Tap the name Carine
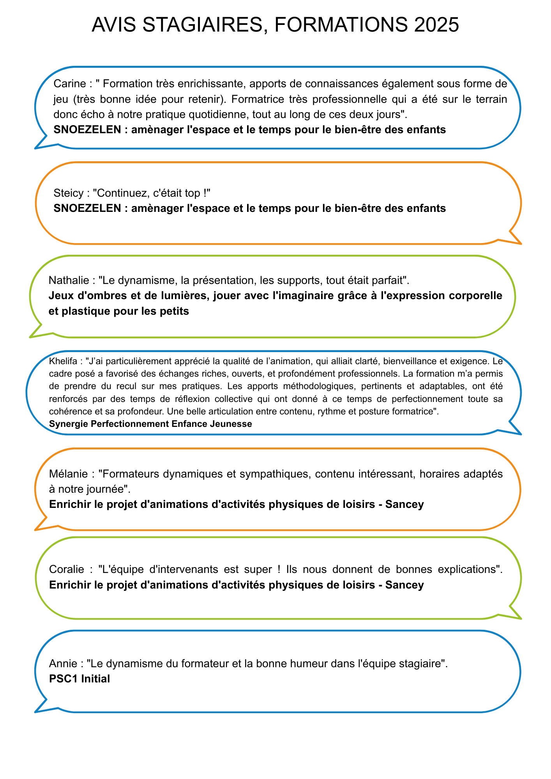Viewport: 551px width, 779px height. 69,84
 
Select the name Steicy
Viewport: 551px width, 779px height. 69,193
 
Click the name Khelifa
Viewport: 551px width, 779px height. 63,361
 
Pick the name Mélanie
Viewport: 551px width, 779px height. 68,474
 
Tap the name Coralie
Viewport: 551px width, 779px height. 67,569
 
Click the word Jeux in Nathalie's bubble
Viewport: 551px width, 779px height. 61,296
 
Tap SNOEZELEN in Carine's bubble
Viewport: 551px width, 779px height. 87,130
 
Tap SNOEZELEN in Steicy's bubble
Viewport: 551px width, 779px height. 87,208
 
